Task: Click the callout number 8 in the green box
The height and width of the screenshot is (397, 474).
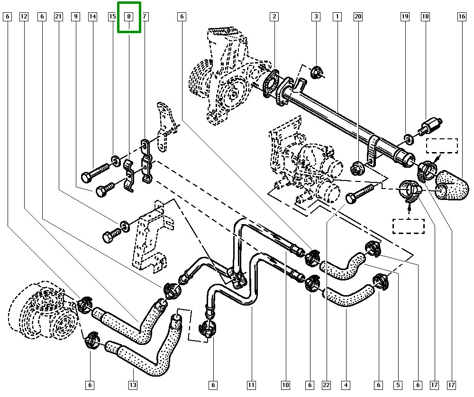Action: [128, 17]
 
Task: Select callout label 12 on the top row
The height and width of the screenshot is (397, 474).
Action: [24, 17]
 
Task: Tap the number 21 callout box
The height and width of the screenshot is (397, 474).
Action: [58, 17]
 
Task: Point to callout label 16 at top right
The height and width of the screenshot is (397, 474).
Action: [462, 17]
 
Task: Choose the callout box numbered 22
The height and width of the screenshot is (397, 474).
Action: [326, 385]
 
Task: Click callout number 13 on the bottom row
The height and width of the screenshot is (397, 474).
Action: [132, 385]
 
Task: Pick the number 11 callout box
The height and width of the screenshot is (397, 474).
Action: [251, 385]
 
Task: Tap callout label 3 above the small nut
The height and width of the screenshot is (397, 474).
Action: [316, 17]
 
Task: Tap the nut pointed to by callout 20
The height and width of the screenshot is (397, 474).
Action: [357, 167]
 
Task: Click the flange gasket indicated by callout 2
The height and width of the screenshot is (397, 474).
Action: [272, 82]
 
